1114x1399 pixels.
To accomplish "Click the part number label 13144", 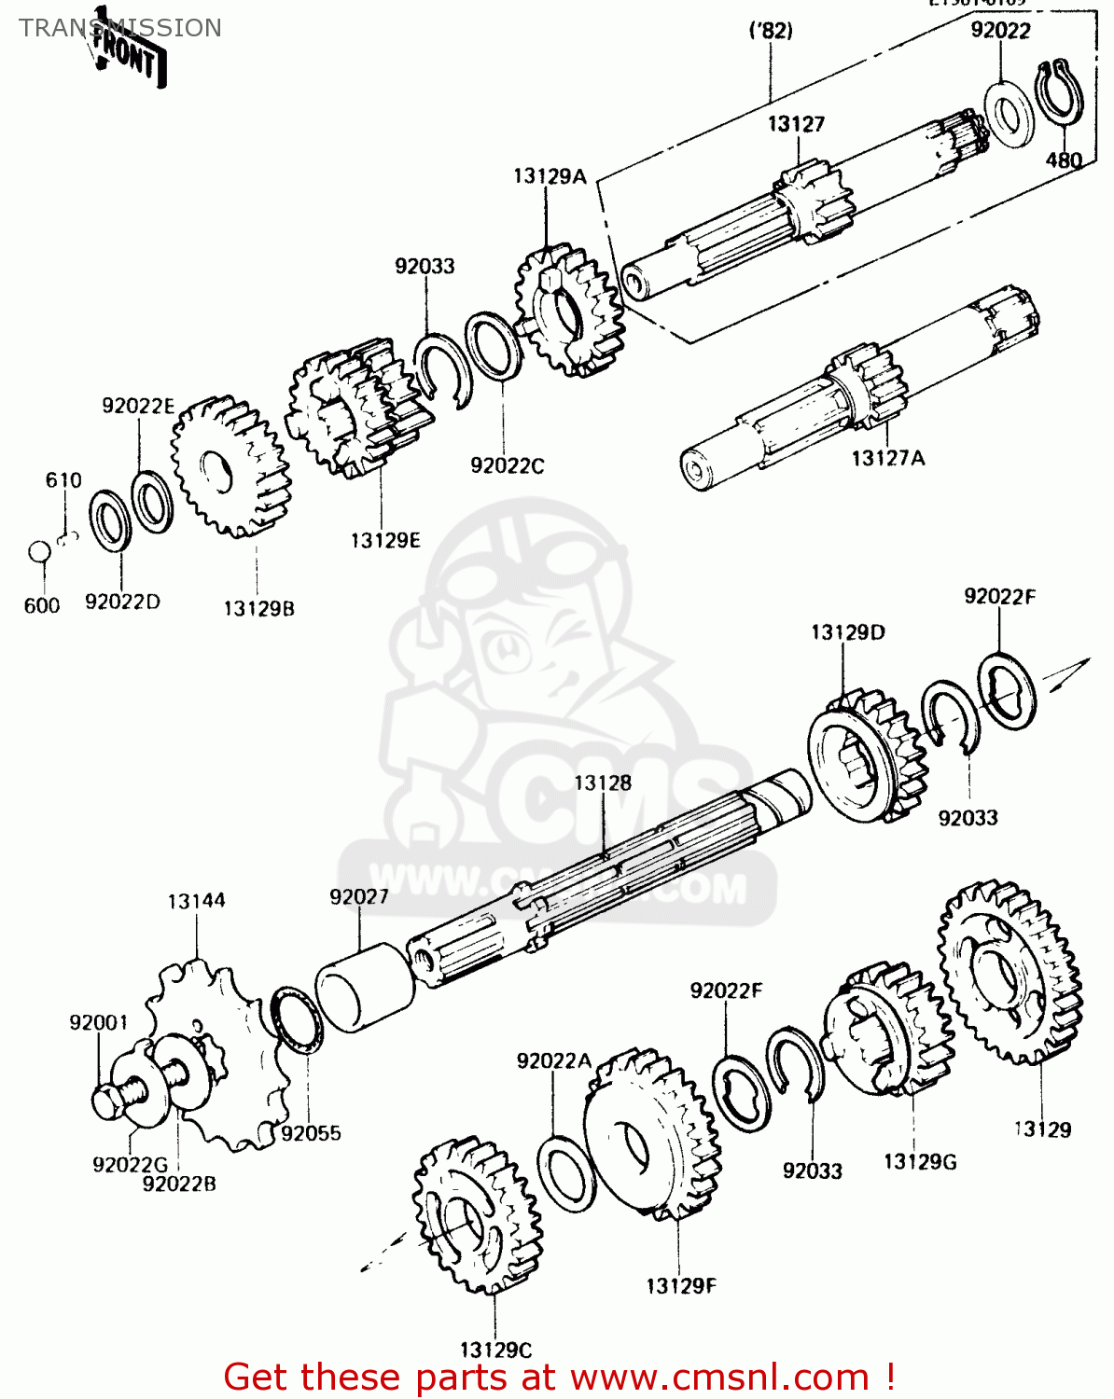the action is point(196,901).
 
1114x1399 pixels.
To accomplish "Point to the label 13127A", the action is point(887,458).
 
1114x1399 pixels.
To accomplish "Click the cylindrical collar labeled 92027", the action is point(365,987).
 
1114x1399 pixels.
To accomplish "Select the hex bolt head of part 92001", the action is point(107,1101).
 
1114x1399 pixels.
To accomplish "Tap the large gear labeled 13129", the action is point(1010,972).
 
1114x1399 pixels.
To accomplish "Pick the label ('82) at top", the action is point(771,31).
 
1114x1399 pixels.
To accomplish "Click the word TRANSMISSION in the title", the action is point(120,28).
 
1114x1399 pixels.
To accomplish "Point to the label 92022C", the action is point(507,465).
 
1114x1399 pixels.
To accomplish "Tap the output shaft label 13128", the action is point(603,783).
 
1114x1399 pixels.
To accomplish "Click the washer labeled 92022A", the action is point(566,1172).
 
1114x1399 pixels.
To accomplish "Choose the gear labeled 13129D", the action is point(867,755).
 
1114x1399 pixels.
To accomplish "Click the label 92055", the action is point(311,1133).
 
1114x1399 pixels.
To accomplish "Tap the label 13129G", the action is point(920,1161).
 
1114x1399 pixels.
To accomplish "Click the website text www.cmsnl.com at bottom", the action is point(719,1377).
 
